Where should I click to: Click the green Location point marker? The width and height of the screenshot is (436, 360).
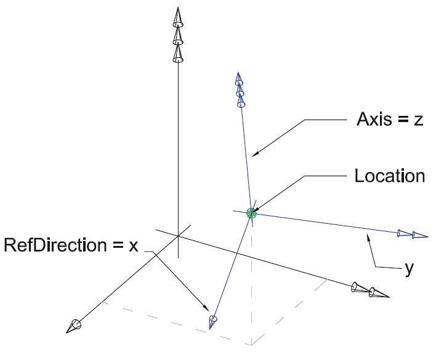coord(251,213)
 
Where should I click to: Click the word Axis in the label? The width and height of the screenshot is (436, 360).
coord(373,120)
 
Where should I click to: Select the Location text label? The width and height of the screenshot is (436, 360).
coord(389,176)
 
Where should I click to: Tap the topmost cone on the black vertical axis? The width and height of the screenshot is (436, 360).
coord(178,18)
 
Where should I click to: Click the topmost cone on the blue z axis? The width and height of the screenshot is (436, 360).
coord(238,80)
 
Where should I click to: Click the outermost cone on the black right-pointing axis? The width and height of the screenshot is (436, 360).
coord(377,293)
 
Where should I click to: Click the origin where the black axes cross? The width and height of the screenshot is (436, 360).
coord(178,235)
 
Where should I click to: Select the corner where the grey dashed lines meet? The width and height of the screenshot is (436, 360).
coord(252,344)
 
